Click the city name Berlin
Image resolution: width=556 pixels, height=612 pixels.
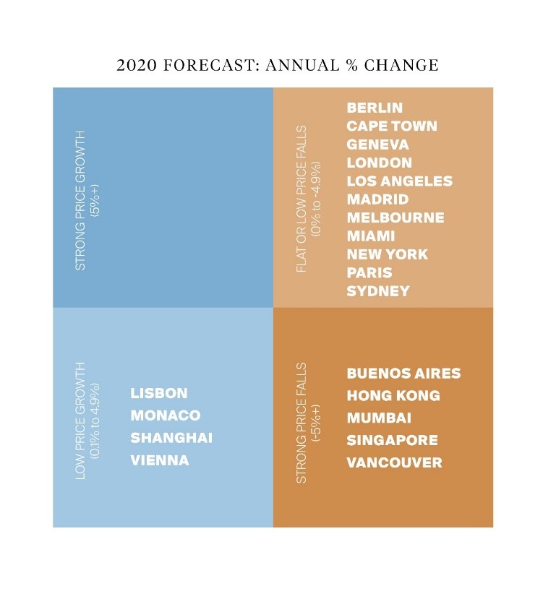[375, 108]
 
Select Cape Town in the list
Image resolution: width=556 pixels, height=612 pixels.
[392, 126]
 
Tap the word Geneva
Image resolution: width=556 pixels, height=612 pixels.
[377, 145]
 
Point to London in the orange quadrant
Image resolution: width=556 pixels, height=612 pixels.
[379, 163]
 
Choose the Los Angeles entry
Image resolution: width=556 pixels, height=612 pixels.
[399, 181]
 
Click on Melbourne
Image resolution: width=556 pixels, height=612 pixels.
[395, 217]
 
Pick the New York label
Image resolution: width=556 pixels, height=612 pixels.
[388, 254]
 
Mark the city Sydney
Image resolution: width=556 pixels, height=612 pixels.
[378, 291]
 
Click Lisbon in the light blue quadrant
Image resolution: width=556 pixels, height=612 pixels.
[159, 393]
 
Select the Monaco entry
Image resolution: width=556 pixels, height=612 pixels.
[165, 415]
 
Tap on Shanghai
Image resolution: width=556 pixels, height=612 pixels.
[171, 438]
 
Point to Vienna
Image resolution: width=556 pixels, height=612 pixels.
[160, 460]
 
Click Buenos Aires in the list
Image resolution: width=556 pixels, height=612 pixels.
[403, 374]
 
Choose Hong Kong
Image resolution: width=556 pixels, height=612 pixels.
[393, 396]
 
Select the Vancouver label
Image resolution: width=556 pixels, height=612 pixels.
[394, 463]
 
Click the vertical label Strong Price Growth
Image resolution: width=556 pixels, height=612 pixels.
[80, 200]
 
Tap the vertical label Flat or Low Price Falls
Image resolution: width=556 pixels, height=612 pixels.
[301, 199]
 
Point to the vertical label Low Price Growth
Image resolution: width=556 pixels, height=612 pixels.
[80, 421]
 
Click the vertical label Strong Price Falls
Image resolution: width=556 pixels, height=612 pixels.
[301, 423]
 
